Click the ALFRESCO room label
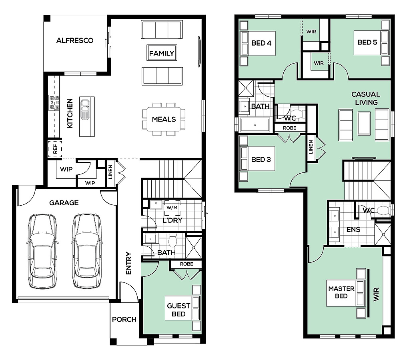(75, 40)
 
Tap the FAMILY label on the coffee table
(162, 53)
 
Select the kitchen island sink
(84, 109)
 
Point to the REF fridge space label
(55, 149)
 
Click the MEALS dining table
(164, 119)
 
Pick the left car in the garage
(42, 251)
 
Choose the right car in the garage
(86, 251)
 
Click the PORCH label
(124, 319)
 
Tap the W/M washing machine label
(172, 208)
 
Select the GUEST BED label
(178, 310)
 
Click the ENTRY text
(128, 263)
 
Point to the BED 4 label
(261, 43)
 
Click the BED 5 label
(367, 42)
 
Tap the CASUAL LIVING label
(366, 98)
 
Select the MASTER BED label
(341, 292)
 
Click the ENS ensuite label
(353, 230)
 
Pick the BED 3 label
(261, 160)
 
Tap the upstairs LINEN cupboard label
(311, 147)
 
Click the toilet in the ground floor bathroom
(172, 241)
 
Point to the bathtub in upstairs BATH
(255, 125)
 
